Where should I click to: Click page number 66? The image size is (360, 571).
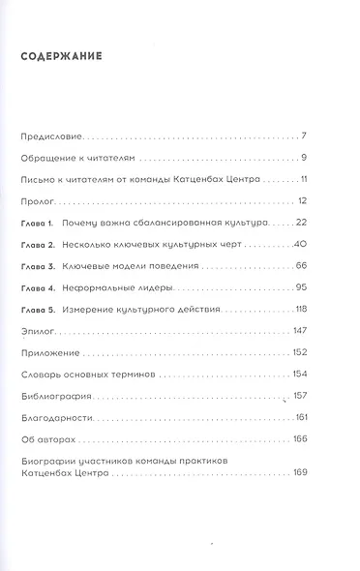pos(300,265)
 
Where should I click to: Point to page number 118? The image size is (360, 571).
pos(299,310)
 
